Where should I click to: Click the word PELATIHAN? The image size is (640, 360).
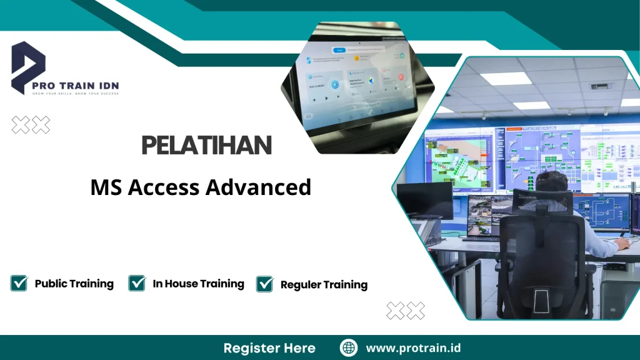206,146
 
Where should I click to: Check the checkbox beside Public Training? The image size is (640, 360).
19,283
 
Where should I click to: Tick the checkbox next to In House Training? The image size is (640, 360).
137,283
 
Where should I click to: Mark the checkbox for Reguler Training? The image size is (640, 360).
265,284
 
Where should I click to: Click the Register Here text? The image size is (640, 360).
269,348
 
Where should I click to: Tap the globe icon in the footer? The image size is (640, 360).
349,347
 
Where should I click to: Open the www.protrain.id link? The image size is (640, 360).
413,348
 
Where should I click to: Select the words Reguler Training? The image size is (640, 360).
324,285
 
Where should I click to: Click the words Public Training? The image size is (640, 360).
74,284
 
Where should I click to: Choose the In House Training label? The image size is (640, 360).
198,284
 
